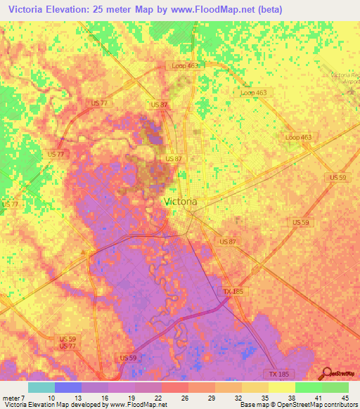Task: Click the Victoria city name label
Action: [x=180, y=201]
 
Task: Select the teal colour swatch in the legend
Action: [x=41, y=387]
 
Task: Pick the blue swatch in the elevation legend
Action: [x=68, y=387]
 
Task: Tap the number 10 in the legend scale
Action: [x=51, y=397]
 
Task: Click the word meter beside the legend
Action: [x=12, y=397]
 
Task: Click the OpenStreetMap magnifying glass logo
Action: [x=326, y=374]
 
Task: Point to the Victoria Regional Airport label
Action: [x=345, y=77]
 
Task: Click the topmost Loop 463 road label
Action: [x=185, y=65]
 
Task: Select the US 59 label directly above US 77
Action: [x=68, y=339]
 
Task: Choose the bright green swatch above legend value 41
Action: [x=308, y=387]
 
